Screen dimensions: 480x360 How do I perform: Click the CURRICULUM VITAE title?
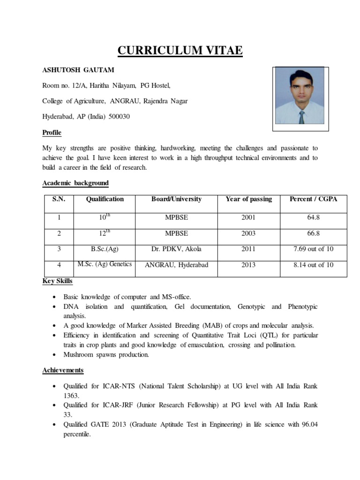click(180, 50)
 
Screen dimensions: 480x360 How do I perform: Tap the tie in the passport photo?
click(301, 117)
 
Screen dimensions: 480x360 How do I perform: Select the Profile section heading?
click(52, 133)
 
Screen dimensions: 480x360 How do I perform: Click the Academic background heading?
click(75, 183)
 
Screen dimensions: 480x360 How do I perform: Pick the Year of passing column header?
click(248, 199)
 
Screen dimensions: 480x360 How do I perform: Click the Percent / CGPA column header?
click(313, 199)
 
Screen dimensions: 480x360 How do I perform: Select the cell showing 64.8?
click(313, 217)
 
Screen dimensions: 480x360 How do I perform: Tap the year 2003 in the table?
click(248, 233)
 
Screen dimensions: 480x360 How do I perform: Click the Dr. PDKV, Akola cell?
click(176, 249)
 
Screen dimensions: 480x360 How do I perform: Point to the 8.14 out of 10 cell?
click(313, 265)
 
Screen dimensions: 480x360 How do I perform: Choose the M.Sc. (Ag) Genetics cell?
click(105, 264)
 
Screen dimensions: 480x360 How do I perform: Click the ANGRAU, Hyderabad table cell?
click(176, 265)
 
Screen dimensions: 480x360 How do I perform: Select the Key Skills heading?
click(58, 281)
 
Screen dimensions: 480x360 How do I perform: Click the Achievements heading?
click(63, 370)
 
